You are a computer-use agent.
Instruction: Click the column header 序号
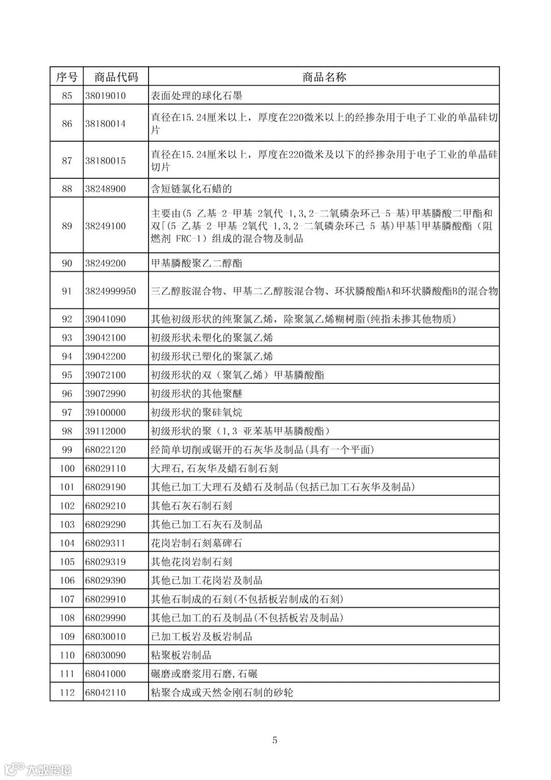point(67,77)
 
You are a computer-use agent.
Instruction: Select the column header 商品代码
point(116,77)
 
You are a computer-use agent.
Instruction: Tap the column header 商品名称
point(324,77)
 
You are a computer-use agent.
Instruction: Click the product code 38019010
point(106,95)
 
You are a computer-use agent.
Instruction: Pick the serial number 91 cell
point(67,291)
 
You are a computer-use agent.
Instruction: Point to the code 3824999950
point(111,291)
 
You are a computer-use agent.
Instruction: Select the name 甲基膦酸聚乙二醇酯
point(197,263)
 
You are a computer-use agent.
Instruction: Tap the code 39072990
point(106,394)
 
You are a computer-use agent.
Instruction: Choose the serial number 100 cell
point(67,469)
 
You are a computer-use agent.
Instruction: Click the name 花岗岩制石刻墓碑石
point(197,543)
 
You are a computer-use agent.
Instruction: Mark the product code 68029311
point(106,543)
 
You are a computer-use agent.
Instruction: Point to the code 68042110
point(106,693)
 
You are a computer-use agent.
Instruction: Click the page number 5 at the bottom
point(275,740)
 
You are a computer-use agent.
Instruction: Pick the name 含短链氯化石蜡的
point(192,189)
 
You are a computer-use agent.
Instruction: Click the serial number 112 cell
point(67,693)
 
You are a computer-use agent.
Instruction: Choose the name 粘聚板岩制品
point(182,655)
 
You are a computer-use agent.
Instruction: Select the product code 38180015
point(106,161)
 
